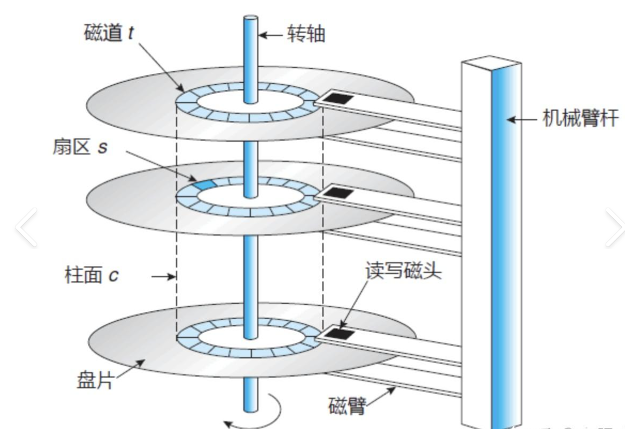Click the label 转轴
click(x=306, y=35)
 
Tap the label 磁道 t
click(x=109, y=33)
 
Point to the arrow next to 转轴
click(x=272, y=36)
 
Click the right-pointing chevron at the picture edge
click(x=615, y=228)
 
